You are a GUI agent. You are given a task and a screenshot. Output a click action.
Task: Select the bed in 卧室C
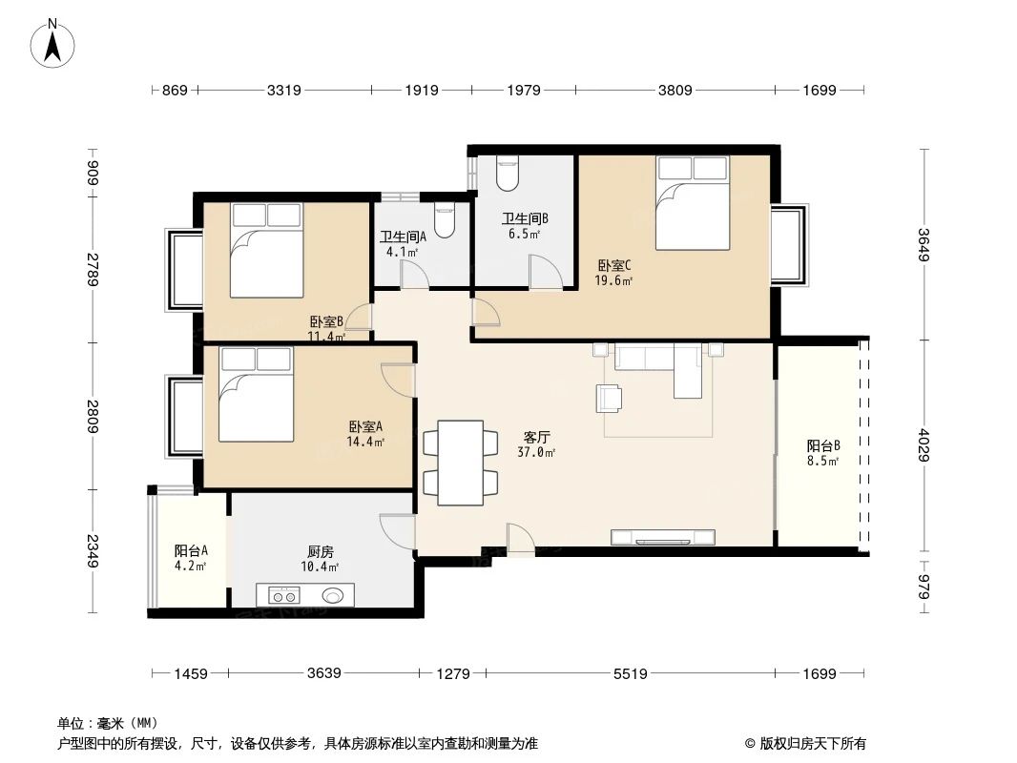pyautogui.click(x=692, y=202)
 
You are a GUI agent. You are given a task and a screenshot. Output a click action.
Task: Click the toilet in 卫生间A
pyautogui.click(x=445, y=220)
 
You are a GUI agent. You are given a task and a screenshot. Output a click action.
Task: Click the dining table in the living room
pyautogui.click(x=461, y=463)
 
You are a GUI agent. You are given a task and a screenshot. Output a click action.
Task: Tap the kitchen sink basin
pyautogui.click(x=333, y=596)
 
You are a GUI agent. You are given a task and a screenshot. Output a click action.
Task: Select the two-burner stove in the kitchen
pyautogui.click(x=283, y=596)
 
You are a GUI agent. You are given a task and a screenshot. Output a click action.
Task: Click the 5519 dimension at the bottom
pyautogui.click(x=630, y=674)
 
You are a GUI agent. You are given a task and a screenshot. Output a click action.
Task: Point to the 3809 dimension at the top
pyautogui.click(x=675, y=91)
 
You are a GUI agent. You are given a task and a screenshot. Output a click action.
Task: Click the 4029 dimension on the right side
pyautogui.click(x=924, y=443)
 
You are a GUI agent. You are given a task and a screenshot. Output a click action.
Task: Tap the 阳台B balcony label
pyautogui.click(x=822, y=445)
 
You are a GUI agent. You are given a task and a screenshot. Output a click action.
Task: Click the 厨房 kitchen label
pyautogui.click(x=321, y=551)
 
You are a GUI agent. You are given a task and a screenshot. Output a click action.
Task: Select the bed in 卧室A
pyautogui.click(x=256, y=394)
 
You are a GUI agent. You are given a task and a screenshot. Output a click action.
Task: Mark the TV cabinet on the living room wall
pyautogui.click(x=663, y=537)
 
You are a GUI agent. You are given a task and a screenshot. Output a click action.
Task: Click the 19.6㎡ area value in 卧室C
pyautogui.click(x=614, y=280)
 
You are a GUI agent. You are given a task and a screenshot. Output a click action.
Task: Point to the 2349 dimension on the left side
pyautogui.click(x=93, y=551)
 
